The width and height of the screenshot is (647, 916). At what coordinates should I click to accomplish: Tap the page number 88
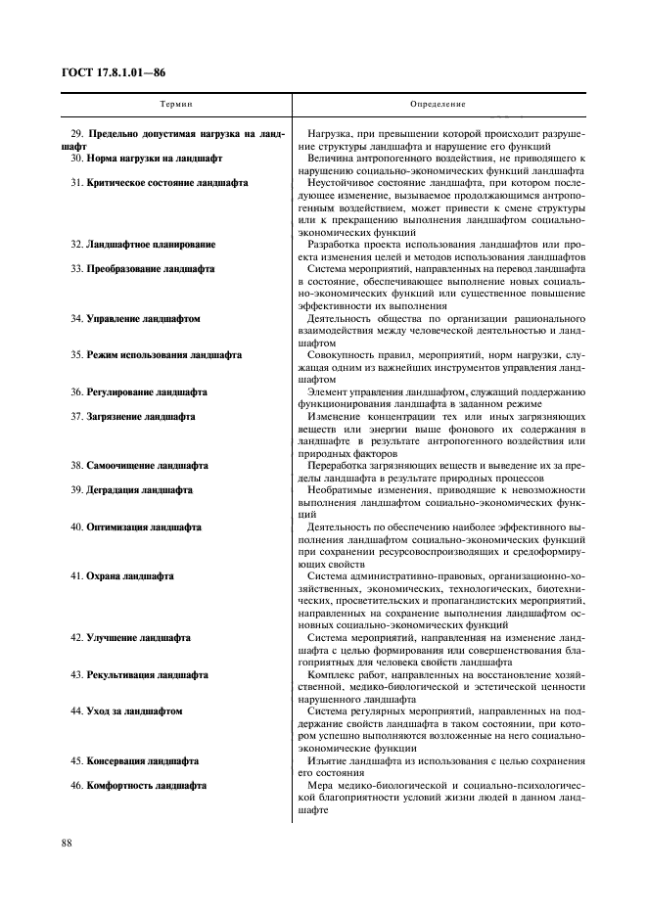click(67, 841)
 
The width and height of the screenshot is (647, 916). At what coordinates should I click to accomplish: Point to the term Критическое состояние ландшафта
click(166, 183)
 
